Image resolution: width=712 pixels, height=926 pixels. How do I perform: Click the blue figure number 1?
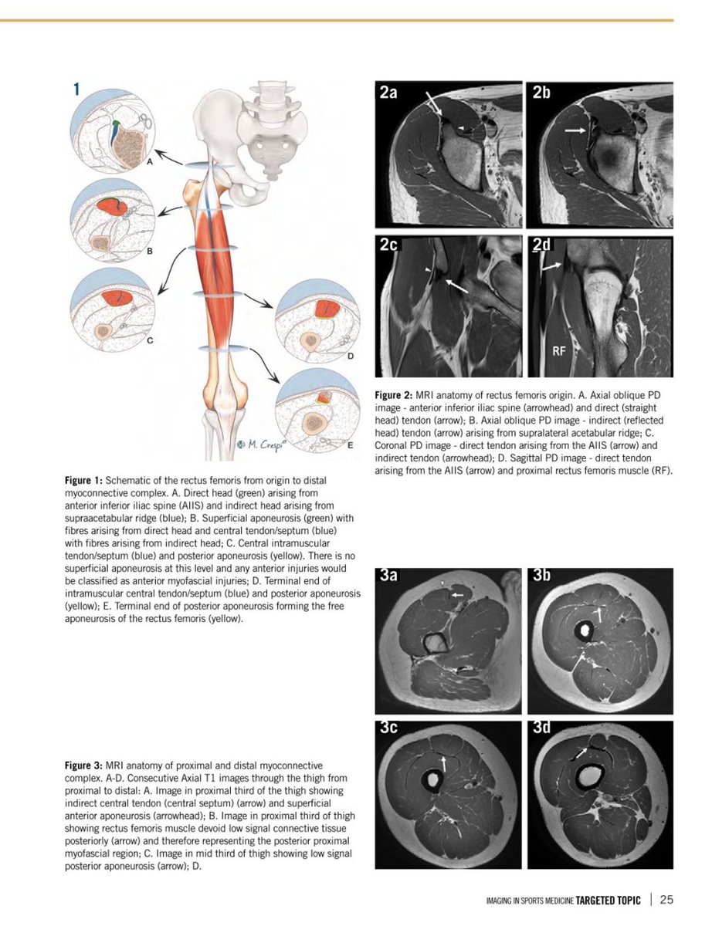pyautogui.click(x=76, y=90)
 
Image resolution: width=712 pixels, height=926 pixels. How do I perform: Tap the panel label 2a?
pyautogui.click(x=389, y=94)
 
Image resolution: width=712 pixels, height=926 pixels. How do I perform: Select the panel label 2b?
pyautogui.click(x=543, y=94)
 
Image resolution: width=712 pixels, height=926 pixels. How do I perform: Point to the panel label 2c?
pyautogui.click(x=388, y=246)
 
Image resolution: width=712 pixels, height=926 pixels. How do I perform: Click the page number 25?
pyautogui.click(x=666, y=899)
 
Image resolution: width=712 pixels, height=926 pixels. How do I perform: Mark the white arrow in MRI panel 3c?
pyautogui.click(x=444, y=762)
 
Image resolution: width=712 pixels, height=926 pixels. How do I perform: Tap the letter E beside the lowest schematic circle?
pyautogui.click(x=351, y=445)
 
